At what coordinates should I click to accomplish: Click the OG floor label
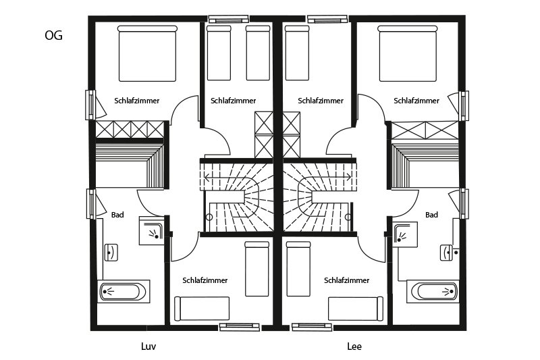[x=53, y=35]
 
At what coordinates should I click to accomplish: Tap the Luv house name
[x=148, y=346]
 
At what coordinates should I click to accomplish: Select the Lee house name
[x=354, y=346]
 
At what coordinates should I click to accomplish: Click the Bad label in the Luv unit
[x=117, y=215]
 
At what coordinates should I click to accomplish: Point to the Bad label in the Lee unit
[x=431, y=215]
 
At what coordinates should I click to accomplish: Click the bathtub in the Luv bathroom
[x=124, y=292]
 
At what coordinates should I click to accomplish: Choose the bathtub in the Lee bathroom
[x=433, y=292]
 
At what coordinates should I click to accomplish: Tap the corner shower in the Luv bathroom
[x=152, y=230]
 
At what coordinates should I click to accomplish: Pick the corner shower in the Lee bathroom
[x=405, y=234]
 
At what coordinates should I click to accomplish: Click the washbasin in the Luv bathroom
[x=111, y=253]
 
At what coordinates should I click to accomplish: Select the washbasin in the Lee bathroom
[x=447, y=253]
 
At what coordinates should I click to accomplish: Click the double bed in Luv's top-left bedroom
[x=147, y=53]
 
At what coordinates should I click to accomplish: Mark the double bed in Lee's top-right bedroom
[x=408, y=53]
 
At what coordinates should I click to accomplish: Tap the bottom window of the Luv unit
[x=240, y=327]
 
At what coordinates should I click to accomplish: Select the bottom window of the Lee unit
[x=312, y=327]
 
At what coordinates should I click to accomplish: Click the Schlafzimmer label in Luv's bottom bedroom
[x=205, y=280]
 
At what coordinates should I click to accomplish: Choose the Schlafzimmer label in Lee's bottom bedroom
[x=346, y=280]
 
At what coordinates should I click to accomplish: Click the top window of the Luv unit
[x=229, y=19]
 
